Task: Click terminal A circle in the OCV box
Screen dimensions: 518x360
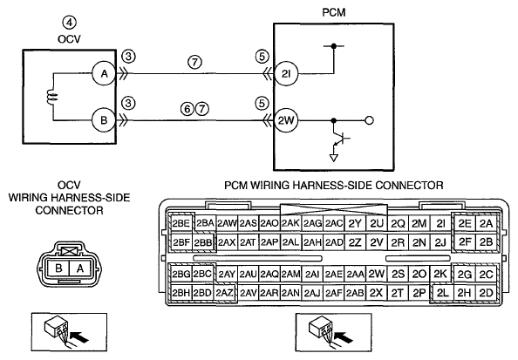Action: pyautogui.click(x=104, y=73)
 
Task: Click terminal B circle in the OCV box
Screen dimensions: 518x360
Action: pyautogui.click(x=104, y=120)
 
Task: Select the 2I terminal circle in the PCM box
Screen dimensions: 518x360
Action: pyautogui.click(x=286, y=73)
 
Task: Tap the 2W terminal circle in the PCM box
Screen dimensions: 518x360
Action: pyautogui.click(x=286, y=120)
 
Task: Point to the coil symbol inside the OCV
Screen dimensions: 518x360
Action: pyautogui.click(x=52, y=97)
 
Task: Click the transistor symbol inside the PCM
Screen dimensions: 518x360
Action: pyautogui.click(x=339, y=139)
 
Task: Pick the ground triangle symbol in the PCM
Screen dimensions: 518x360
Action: pyautogui.click(x=334, y=158)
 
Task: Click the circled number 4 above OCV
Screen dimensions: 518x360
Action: pyautogui.click(x=70, y=24)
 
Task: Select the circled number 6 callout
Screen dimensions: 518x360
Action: pyautogui.click(x=187, y=109)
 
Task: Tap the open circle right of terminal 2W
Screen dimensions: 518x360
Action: pyautogui.click(x=370, y=120)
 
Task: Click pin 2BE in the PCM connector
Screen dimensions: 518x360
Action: pyautogui.click(x=181, y=224)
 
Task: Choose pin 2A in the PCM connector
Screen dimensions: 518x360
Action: pyautogui.click(x=486, y=224)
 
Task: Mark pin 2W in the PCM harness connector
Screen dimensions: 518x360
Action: pyautogui.click(x=376, y=274)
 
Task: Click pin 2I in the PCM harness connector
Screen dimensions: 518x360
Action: pyautogui.click(x=441, y=224)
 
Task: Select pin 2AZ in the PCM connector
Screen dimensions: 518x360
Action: pyautogui.click(x=225, y=293)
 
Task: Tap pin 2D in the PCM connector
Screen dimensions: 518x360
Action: pyautogui.click(x=486, y=293)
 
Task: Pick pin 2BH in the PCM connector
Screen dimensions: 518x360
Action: pyautogui.click(x=181, y=293)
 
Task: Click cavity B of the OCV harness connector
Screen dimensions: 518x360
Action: pyautogui.click(x=58, y=268)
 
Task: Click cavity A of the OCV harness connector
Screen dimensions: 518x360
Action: pyautogui.click(x=79, y=268)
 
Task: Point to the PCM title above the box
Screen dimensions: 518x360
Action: pyautogui.click(x=334, y=12)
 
